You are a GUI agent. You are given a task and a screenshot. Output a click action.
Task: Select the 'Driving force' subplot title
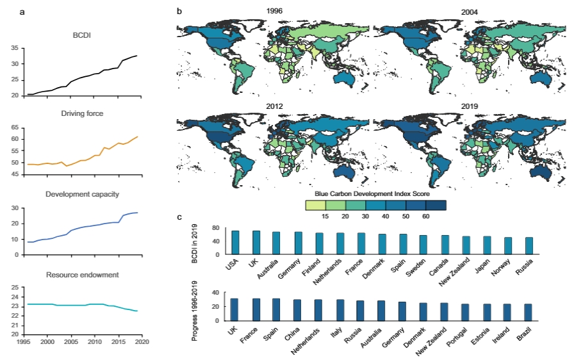(x=82, y=114)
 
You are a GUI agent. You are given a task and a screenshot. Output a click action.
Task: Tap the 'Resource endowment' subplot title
(x=82, y=275)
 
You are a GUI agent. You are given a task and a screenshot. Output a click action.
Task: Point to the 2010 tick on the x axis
(x=94, y=343)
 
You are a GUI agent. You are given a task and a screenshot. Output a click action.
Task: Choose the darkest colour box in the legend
(x=436, y=204)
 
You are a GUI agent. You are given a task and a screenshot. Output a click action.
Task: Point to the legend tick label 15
(x=327, y=217)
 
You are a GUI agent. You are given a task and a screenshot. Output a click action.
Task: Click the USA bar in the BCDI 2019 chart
(x=235, y=242)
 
